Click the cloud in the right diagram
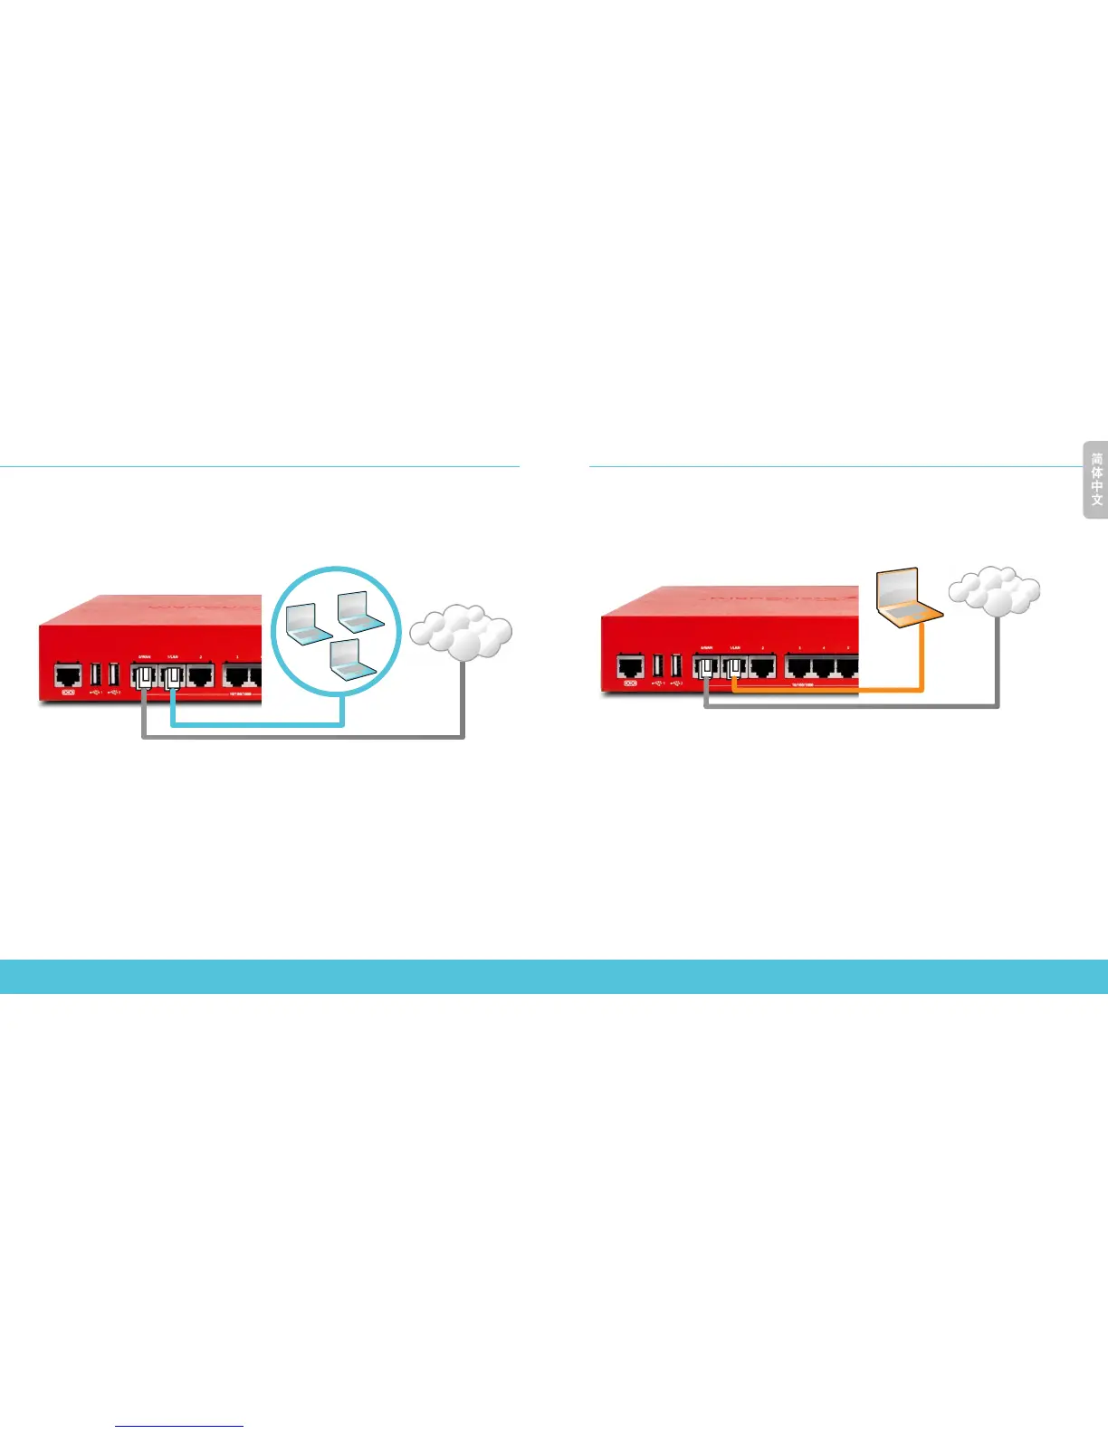point(995,590)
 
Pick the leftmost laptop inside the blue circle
point(308,623)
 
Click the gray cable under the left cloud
point(463,697)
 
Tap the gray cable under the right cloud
point(998,661)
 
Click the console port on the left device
point(68,674)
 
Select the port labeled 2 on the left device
point(200,674)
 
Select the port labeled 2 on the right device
point(762,667)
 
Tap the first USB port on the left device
point(96,674)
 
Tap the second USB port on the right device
point(675,665)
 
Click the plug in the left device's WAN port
point(144,677)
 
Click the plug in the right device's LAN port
point(734,669)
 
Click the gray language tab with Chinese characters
point(1096,479)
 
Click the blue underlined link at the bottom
point(179,1426)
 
